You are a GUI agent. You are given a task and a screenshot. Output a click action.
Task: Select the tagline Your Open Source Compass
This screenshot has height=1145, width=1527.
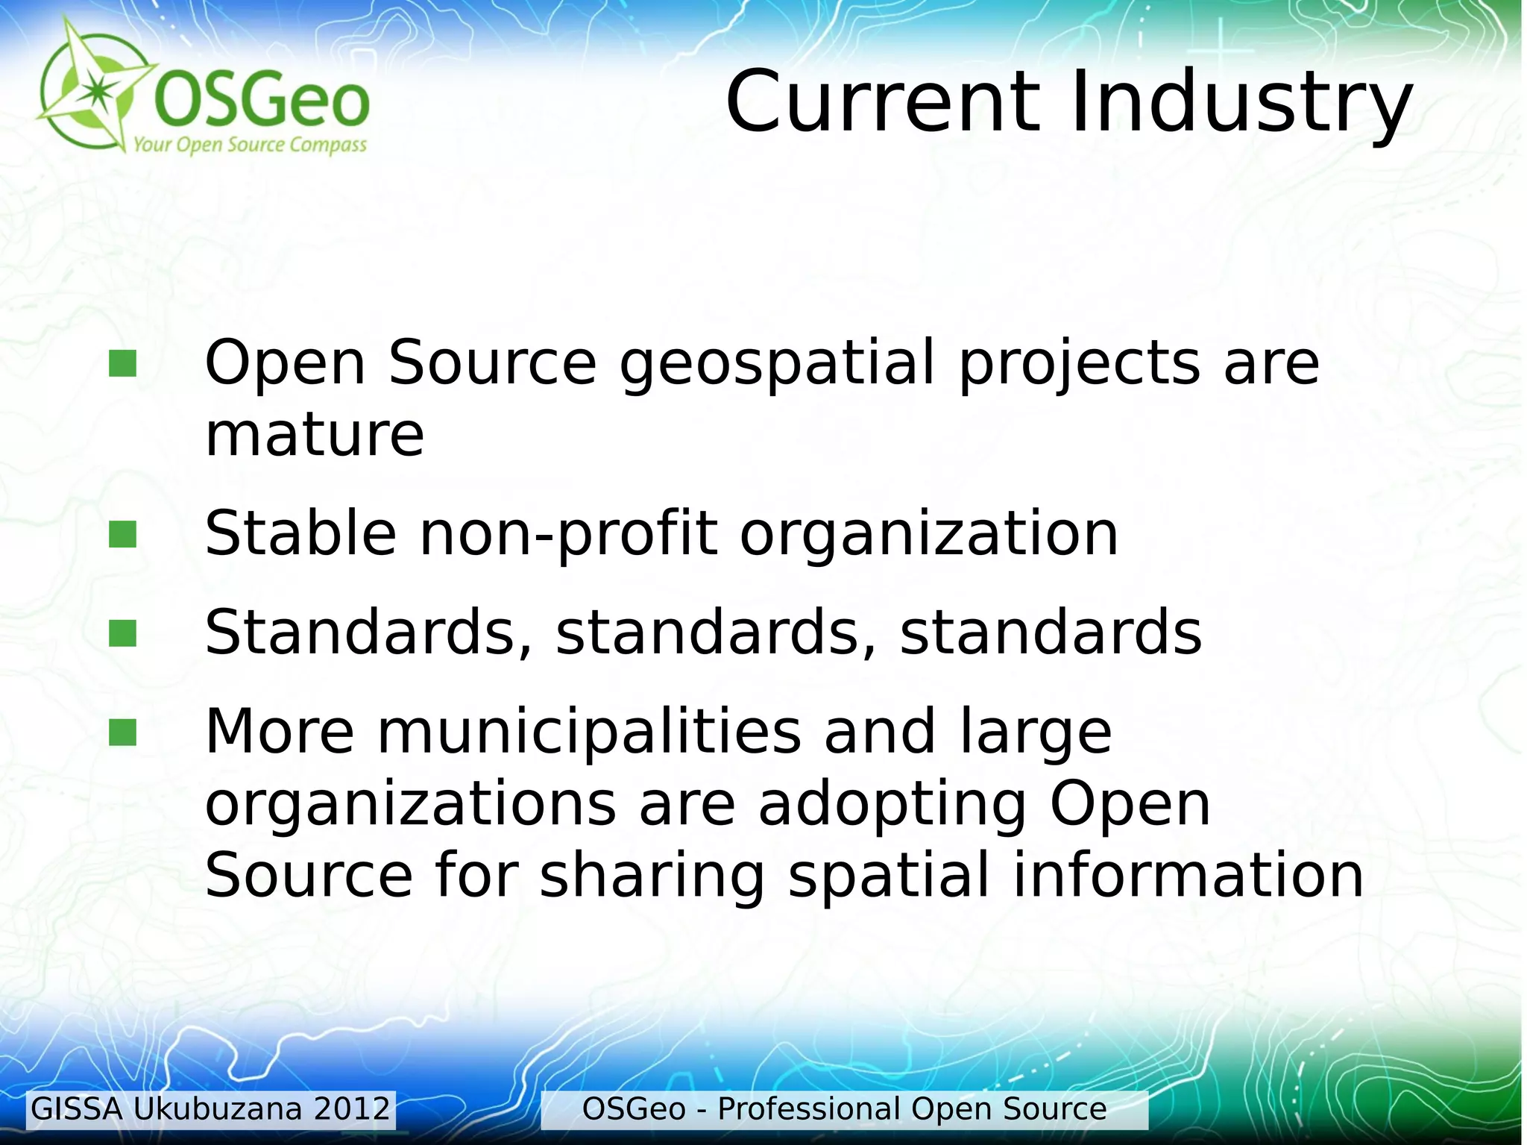[250, 144]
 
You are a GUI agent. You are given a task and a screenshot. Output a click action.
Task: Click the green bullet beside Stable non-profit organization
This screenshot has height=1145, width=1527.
[122, 534]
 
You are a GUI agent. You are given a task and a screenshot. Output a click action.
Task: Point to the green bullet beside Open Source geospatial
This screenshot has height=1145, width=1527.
[122, 364]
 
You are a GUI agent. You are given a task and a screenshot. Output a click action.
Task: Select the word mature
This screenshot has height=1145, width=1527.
[315, 435]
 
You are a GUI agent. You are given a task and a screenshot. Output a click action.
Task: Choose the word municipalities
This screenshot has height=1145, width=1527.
[589, 731]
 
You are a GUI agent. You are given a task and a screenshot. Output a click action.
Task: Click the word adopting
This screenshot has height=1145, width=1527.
[892, 806]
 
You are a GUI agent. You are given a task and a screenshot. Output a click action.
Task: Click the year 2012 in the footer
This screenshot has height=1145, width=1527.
[352, 1109]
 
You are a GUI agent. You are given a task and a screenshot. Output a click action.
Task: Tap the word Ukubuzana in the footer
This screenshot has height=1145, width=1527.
[218, 1109]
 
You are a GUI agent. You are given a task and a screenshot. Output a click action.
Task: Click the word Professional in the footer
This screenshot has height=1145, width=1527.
[809, 1109]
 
